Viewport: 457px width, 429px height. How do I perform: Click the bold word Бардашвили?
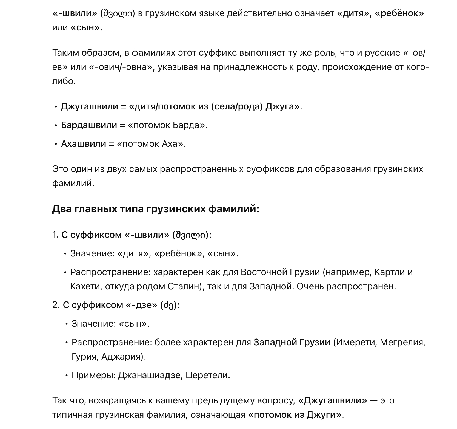pyautogui.click(x=89, y=125)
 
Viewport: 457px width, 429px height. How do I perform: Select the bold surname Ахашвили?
pyautogui.click(x=83, y=144)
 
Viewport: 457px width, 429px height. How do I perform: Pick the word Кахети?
pyautogui.click(x=86, y=286)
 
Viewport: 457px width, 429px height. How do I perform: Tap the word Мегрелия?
pyautogui.click(x=402, y=342)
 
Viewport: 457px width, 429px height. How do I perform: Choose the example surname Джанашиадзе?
pyautogui.click(x=149, y=375)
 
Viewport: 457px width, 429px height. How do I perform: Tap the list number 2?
pyautogui.click(x=55, y=305)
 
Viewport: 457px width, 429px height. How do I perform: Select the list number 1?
pyautogui.click(x=55, y=235)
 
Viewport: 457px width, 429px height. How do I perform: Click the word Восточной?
pyautogui.click(x=264, y=272)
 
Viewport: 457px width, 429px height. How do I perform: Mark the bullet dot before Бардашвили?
pyautogui.click(x=56, y=125)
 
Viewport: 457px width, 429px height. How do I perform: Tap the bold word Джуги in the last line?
pyautogui.click(x=321, y=415)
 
